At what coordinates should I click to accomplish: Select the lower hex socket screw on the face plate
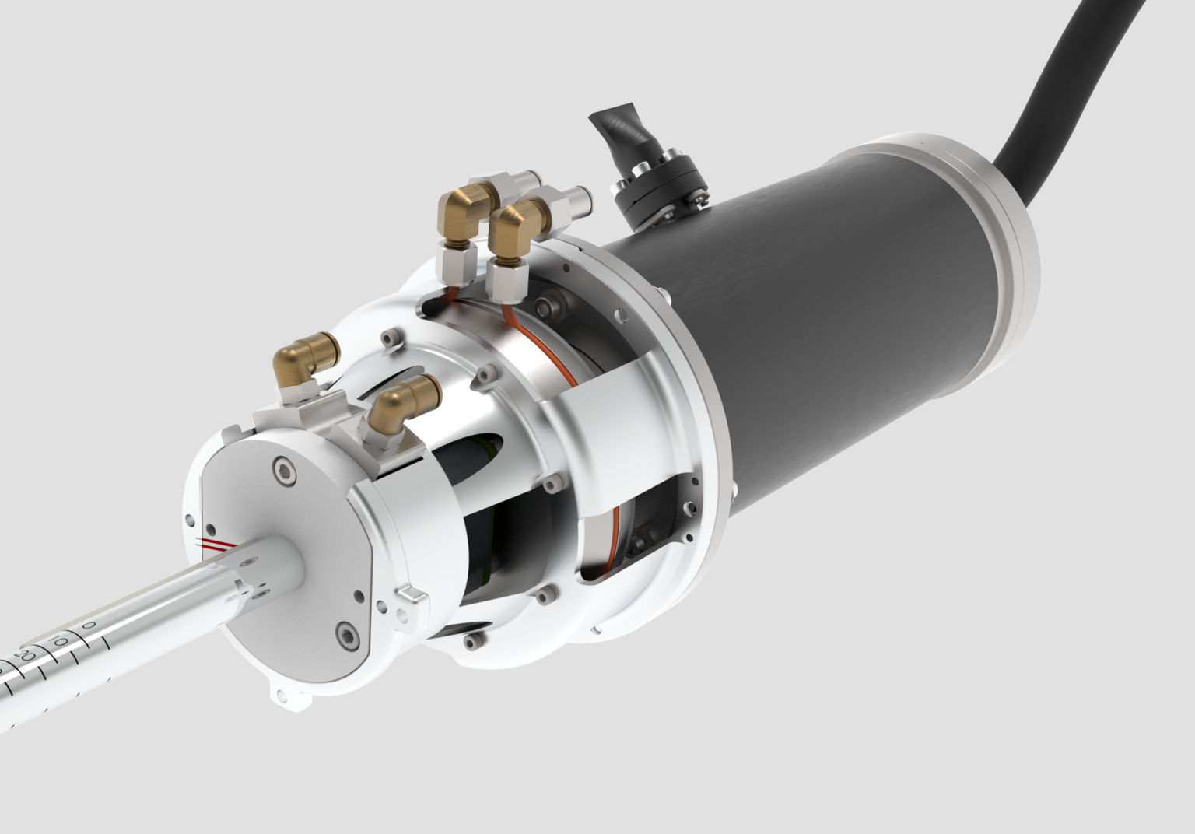click(342, 634)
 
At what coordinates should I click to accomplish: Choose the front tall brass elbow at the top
click(513, 226)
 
